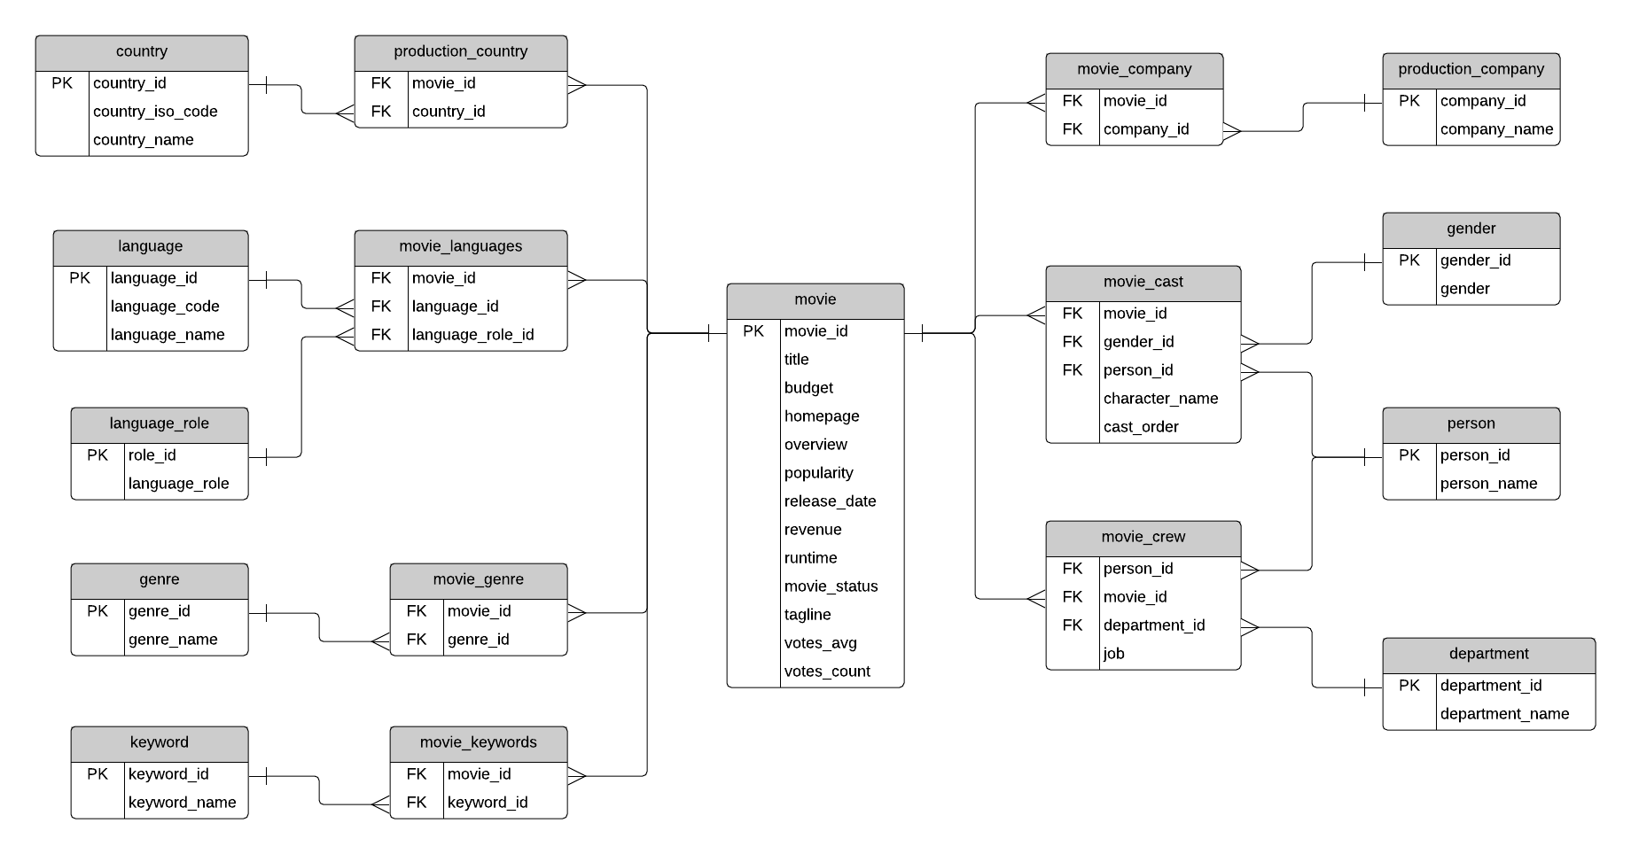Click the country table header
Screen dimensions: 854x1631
pos(142,52)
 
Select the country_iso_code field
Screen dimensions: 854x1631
pos(155,112)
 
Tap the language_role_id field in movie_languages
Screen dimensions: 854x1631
pos(472,335)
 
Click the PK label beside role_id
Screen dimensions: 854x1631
pos(98,455)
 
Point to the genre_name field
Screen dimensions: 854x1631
pos(173,640)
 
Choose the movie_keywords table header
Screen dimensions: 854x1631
pos(478,743)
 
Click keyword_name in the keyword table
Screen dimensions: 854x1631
pos(182,803)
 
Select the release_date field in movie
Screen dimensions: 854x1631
pos(830,501)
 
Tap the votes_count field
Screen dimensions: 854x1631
pos(827,672)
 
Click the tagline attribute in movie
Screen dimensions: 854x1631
pos(808,615)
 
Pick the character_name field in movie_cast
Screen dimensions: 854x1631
pos(1160,399)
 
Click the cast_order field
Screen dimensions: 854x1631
pos(1141,427)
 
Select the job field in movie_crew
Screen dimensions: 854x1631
pos(1114,654)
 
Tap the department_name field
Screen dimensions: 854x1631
pos(1504,714)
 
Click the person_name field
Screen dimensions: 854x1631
pos(1488,484)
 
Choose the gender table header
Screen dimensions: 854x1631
pos(1471,229)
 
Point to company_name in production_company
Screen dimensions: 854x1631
pos(1496,129)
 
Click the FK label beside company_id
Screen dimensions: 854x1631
pos(1073,129)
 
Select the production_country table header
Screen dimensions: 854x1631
pos(460,52)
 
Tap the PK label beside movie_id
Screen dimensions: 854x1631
pos(753,331)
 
